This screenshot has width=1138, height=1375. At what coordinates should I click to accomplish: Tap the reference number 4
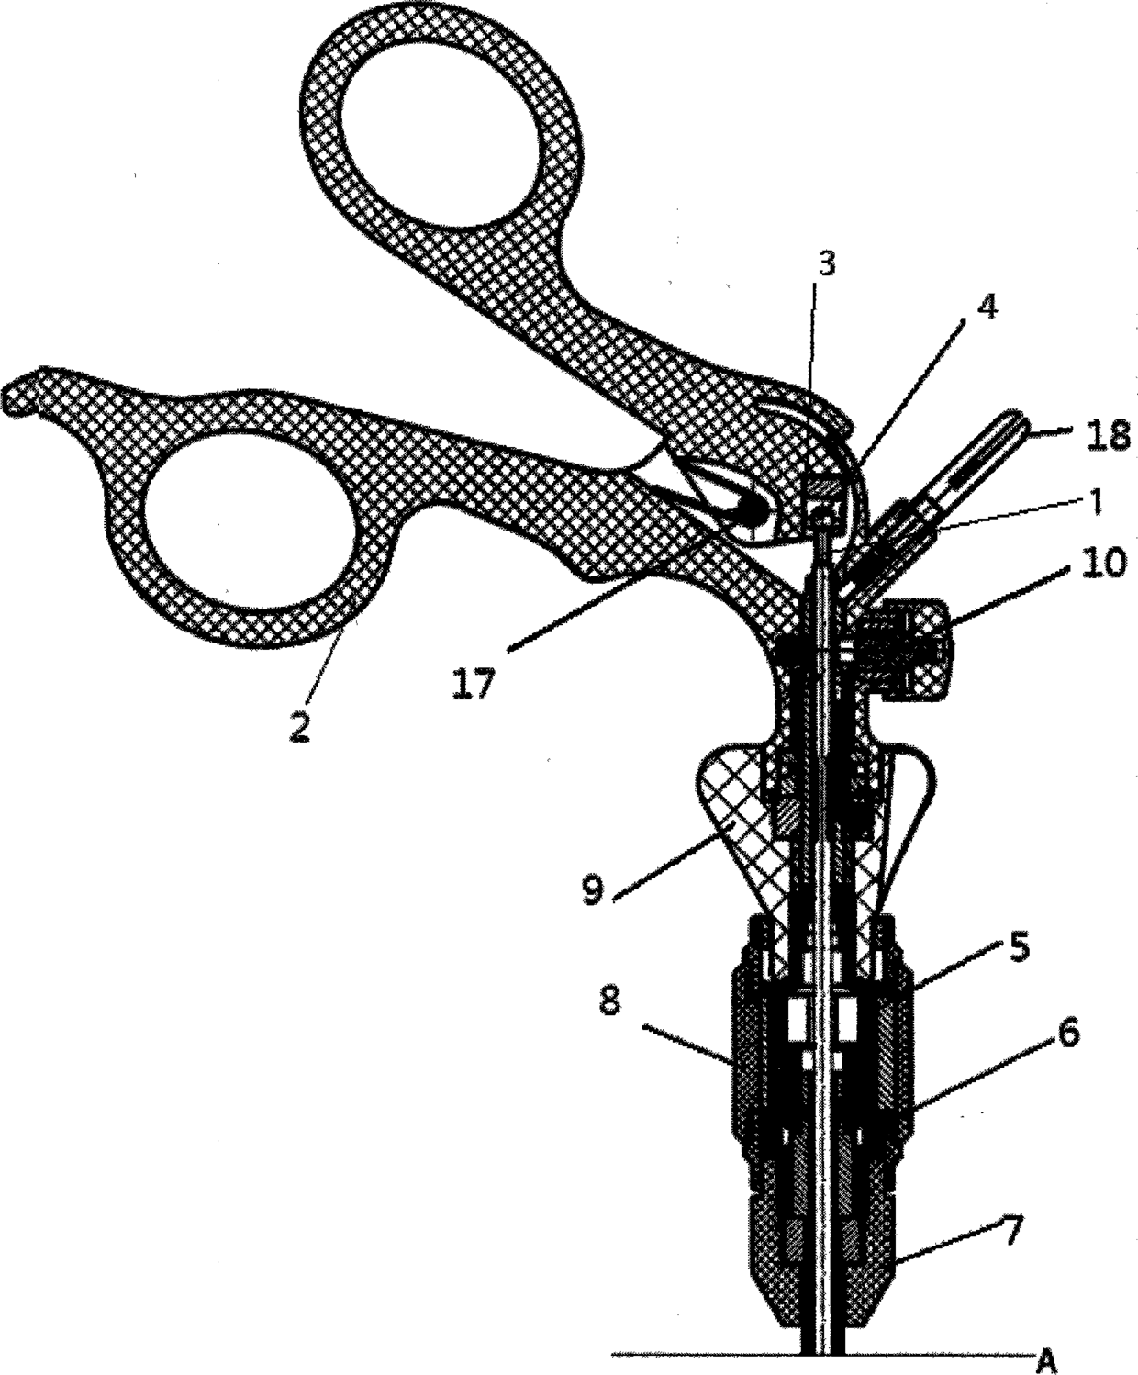click(986, 308)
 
